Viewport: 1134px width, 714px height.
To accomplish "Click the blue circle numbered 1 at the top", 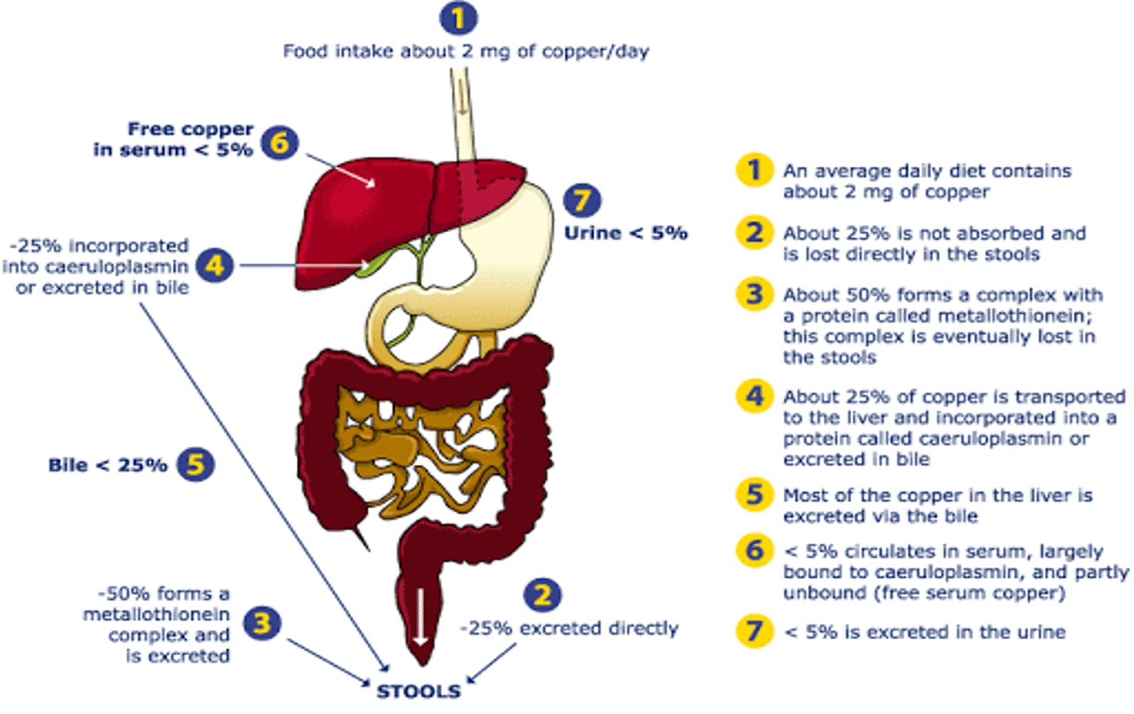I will click(x=458, y=18).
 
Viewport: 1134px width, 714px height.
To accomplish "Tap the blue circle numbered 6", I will click(x=280, y=142).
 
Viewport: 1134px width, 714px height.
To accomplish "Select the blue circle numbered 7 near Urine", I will click(x=582, y=200).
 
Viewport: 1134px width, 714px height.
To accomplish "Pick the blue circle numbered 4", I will click(x=215, y=266).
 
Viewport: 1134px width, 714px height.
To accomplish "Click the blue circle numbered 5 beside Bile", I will click(x=195, y=464).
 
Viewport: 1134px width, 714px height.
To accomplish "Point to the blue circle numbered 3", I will click(x=263, y=623).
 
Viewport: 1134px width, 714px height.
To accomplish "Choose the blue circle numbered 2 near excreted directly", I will click(x=542, y=594).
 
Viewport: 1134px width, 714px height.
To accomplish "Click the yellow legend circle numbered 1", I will click(x=755, y=170).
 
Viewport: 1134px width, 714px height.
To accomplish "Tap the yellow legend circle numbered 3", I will click(x=755, y=294).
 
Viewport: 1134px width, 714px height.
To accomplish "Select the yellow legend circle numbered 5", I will click(x=755, y=495).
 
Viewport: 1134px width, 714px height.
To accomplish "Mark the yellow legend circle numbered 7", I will click(x=755, y=631).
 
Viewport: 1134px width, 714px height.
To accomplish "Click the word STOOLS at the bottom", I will click(x=418, y=691).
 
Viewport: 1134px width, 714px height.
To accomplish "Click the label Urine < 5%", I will click(x=626, y=233).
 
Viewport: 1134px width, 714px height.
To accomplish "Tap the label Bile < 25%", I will click(x=107, y=465).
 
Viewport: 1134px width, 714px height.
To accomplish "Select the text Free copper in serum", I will click(x=174, y=139).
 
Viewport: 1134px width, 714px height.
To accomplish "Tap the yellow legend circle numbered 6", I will click(x=755, y=550).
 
